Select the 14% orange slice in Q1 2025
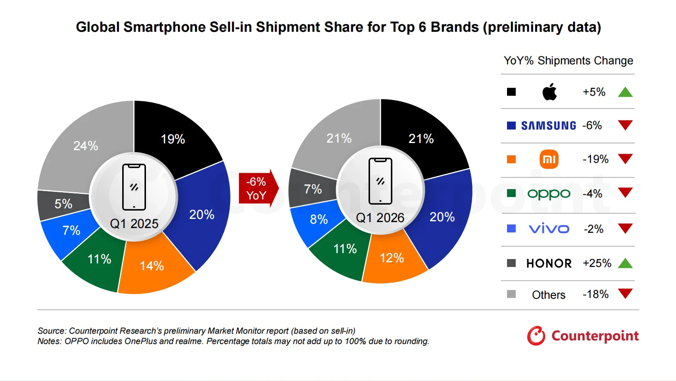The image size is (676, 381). tap(152, 265)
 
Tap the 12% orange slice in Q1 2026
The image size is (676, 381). tap(392, 258)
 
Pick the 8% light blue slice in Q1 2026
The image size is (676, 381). tap(319, 219)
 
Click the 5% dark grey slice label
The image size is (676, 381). tap(63, 204)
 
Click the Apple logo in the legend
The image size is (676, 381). tap(549, 92)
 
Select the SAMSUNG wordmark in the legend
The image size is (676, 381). tap(549, 126)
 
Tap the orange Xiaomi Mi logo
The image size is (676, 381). tap(549, 159)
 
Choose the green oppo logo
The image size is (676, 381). tap(549, 194)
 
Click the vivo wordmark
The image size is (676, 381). tap(549, 229)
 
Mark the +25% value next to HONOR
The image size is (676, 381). tap(597, 263)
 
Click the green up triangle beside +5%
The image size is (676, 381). tap(625, 93)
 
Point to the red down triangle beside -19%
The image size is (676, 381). tap(625, 159)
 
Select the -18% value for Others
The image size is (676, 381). tap(595, 294)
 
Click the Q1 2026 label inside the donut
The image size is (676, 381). tap(380, 218)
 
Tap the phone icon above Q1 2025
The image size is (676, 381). tap(134, 187)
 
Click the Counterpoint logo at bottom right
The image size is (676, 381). tap(583, 336)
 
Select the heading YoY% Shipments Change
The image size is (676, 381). tap(568, 61)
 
